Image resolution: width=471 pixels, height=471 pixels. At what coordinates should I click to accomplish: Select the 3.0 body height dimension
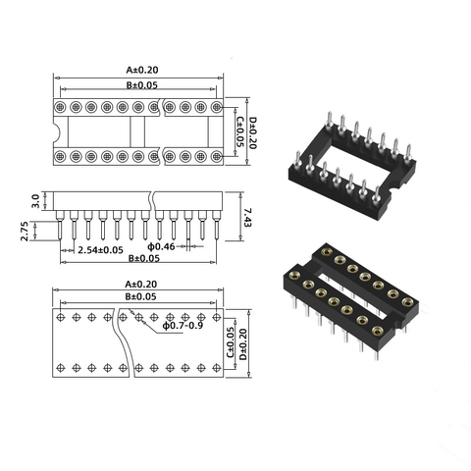[36, 200]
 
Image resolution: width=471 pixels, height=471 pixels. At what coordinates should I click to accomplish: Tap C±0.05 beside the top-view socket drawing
[241, 131]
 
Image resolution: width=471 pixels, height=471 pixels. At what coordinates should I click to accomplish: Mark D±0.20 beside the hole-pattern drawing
[253, 343]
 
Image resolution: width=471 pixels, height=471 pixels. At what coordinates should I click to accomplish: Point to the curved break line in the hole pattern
[124, 343]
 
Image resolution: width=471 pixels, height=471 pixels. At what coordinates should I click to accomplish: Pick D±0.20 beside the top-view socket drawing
[252, 131]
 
